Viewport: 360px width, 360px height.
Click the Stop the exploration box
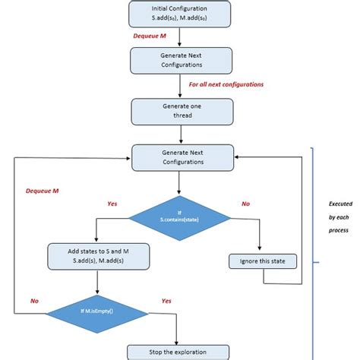click(178, 352)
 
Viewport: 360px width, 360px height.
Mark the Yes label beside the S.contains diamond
click(112, 204)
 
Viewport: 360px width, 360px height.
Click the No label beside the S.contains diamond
click(245, 204)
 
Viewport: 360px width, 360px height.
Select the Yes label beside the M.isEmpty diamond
click(166, 301)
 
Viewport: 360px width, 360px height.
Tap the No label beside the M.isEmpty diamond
click(34, 301)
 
